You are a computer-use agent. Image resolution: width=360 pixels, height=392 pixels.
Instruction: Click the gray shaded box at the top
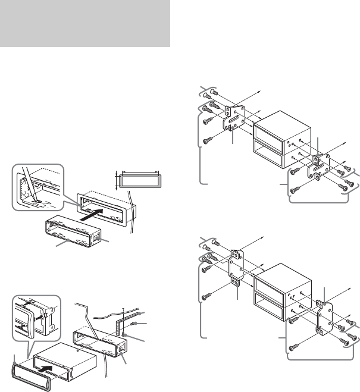click(85, 23)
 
